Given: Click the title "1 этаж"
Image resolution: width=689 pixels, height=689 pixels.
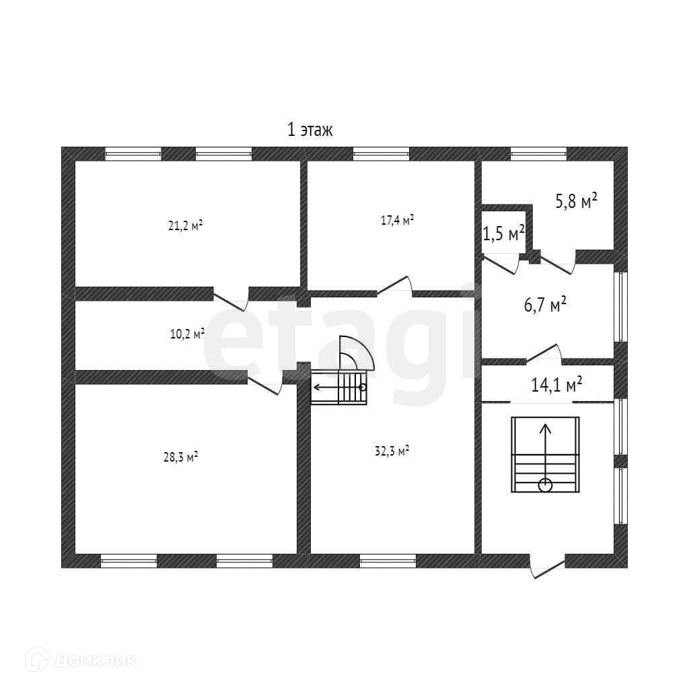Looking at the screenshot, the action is pyautogui.click(x=310, y=130).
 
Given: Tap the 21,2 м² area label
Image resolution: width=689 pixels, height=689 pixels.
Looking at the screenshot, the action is pyautogui.click(x=185, y=225).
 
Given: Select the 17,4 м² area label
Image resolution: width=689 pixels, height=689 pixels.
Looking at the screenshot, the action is pyautogui.click(x=397, y=220).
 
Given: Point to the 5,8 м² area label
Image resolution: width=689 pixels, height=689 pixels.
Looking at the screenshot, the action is pyautogui.click(x=576, y=201).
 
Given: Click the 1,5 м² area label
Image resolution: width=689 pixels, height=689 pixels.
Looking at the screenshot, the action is pyautogui.click(x=504, y=233).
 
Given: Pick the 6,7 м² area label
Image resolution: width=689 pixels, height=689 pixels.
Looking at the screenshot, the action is pyautogui.click(x=544, y=305).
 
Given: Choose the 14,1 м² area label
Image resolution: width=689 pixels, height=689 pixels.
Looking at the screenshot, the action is pyautogui.click(x=556, y=385).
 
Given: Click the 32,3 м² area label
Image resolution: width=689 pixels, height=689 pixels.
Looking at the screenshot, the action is pyautogui.click(x=392, y=452).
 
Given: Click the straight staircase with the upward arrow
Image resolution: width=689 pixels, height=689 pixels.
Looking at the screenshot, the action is pyautogui.click(x=545, y=454).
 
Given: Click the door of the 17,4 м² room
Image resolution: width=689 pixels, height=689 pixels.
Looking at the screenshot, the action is pyautogui.click(x=395, y=287).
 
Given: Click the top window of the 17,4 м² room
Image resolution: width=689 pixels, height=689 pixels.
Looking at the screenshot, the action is pyautogui.click(x=381, y=153).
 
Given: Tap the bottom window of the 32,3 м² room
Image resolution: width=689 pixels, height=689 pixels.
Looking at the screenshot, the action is pyautogui.click(x=388, y=560).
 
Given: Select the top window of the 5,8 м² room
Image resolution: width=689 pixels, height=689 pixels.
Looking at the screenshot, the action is pyautogui.click(x=538, y=153).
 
